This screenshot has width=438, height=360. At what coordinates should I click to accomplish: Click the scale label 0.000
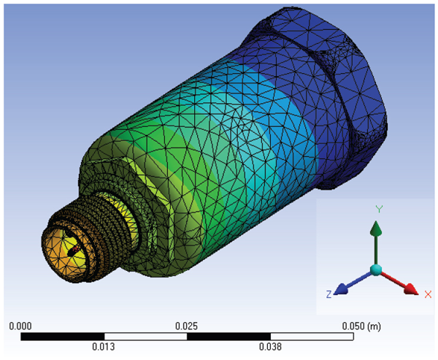tap(20, 326)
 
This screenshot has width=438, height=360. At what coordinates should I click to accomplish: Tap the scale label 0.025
tap(187, 326)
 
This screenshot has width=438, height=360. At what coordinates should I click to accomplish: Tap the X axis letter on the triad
tap(427, 294)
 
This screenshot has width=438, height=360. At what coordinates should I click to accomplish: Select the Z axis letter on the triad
tap(329, 294)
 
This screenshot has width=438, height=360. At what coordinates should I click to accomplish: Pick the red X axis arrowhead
tap(409, 287)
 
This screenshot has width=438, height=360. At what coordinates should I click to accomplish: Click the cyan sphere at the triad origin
tap(375, 270)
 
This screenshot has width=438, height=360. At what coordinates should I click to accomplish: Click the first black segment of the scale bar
tap(63, 337)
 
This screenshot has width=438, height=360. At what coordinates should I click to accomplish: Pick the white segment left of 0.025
tap(146, 337)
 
